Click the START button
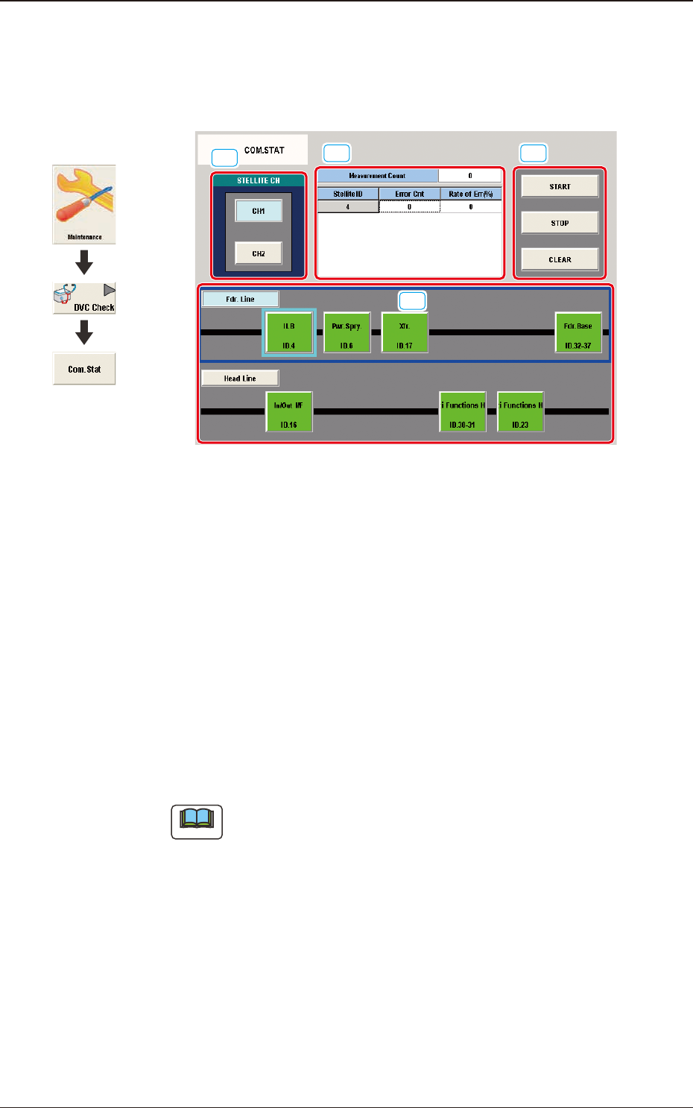(x=560, y=186)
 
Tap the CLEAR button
(x=560, y=259)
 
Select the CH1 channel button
(x=259, y=211)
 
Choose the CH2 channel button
(x=259, y=253)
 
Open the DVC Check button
(x=84, y=298)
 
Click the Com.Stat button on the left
(x=84, y=369)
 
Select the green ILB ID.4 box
(x=289, y=333)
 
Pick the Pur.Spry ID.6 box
(x=346, y=333)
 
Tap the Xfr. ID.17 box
(x=405, y=333)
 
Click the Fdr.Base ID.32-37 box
(x=578, y=333)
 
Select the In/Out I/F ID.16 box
(x=289, y=412)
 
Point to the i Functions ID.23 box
(x=521, y=412)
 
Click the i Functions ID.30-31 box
(x=463, y=412)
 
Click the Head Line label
(x=240, y=379)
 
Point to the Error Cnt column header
(x=409, y=194)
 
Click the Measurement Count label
(x=377, y=176)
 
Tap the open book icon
(x=197, y=822)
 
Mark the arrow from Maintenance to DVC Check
(x=84, y=262)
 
